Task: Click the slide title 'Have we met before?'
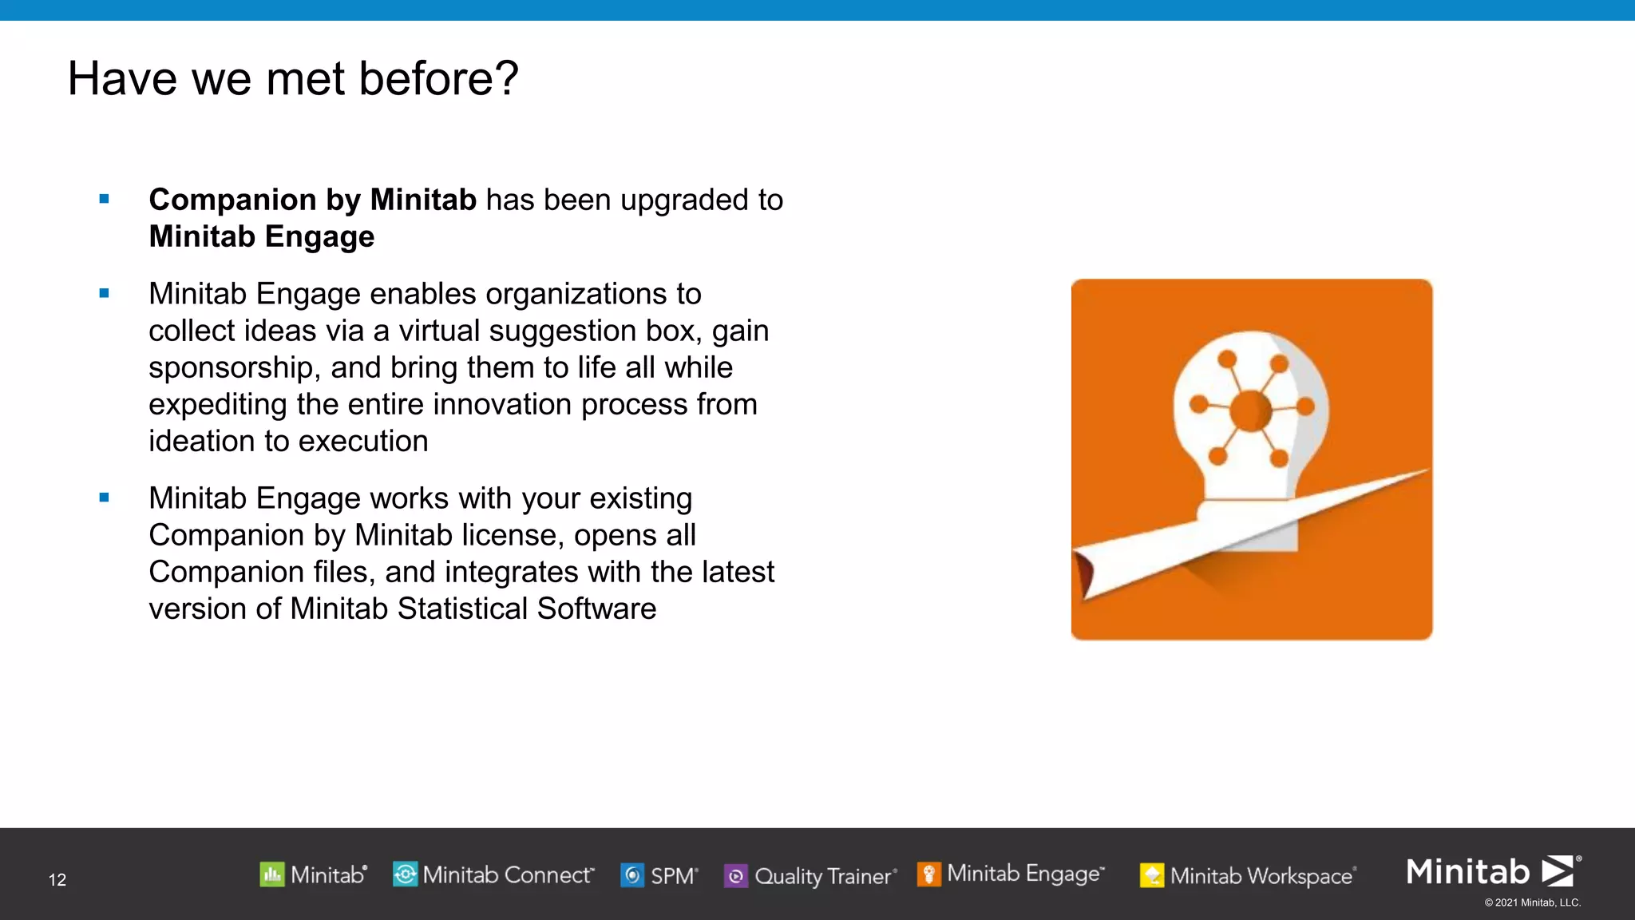click(x=293, y=78)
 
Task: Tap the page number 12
click(x=57, y=879)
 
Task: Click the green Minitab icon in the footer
click(x=272, y=874)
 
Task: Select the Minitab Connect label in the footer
click(x=508, y=875)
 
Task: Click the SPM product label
click(x=673, y=876)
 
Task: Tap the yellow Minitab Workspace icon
click(x=1151, y=876)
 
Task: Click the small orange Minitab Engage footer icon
click(x=928, y=874)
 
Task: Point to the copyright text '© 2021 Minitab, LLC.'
click(x=1532, y=902)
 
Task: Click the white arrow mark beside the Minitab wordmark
click(x=1558, y=870)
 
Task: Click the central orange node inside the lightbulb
click(x=1250, y=410)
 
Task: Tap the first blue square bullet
click(x=104, y=199)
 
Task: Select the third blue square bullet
click(x=104, y=498)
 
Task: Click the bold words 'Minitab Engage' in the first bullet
click(x=262, y=236)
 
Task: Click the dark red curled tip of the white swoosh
click(x=1085, y=574)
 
